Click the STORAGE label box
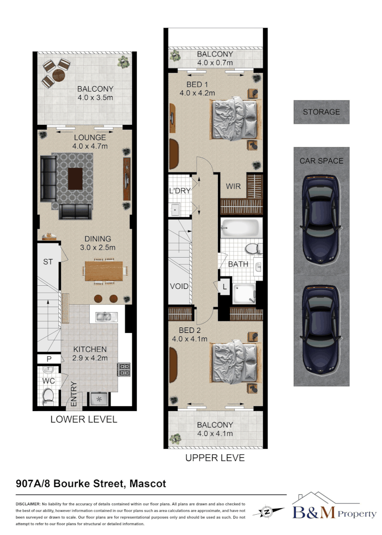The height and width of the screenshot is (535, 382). click(x=321, y=112)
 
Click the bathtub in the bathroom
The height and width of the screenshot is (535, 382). click(x=239, y=229)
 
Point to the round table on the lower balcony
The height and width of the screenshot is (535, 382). click(x=59, y=75)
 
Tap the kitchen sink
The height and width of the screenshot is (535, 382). click(x=105, y=316)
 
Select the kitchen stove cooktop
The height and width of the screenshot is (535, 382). click(x=123, y=370)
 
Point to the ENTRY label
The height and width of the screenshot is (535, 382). click(x=73, y=394)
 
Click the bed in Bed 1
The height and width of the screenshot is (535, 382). click(x=235, y=119)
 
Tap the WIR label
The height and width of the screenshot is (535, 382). click(x=234, y=187)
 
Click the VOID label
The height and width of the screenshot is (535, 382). click(x=179, y=286)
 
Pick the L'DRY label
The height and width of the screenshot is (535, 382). click(x=179, y=191)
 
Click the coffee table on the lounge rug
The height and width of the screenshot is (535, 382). click(x=76, y=178)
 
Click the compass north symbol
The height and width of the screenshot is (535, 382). click(x=268, y=511)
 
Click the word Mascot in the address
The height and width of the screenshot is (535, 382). click(x=148, y=483)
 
